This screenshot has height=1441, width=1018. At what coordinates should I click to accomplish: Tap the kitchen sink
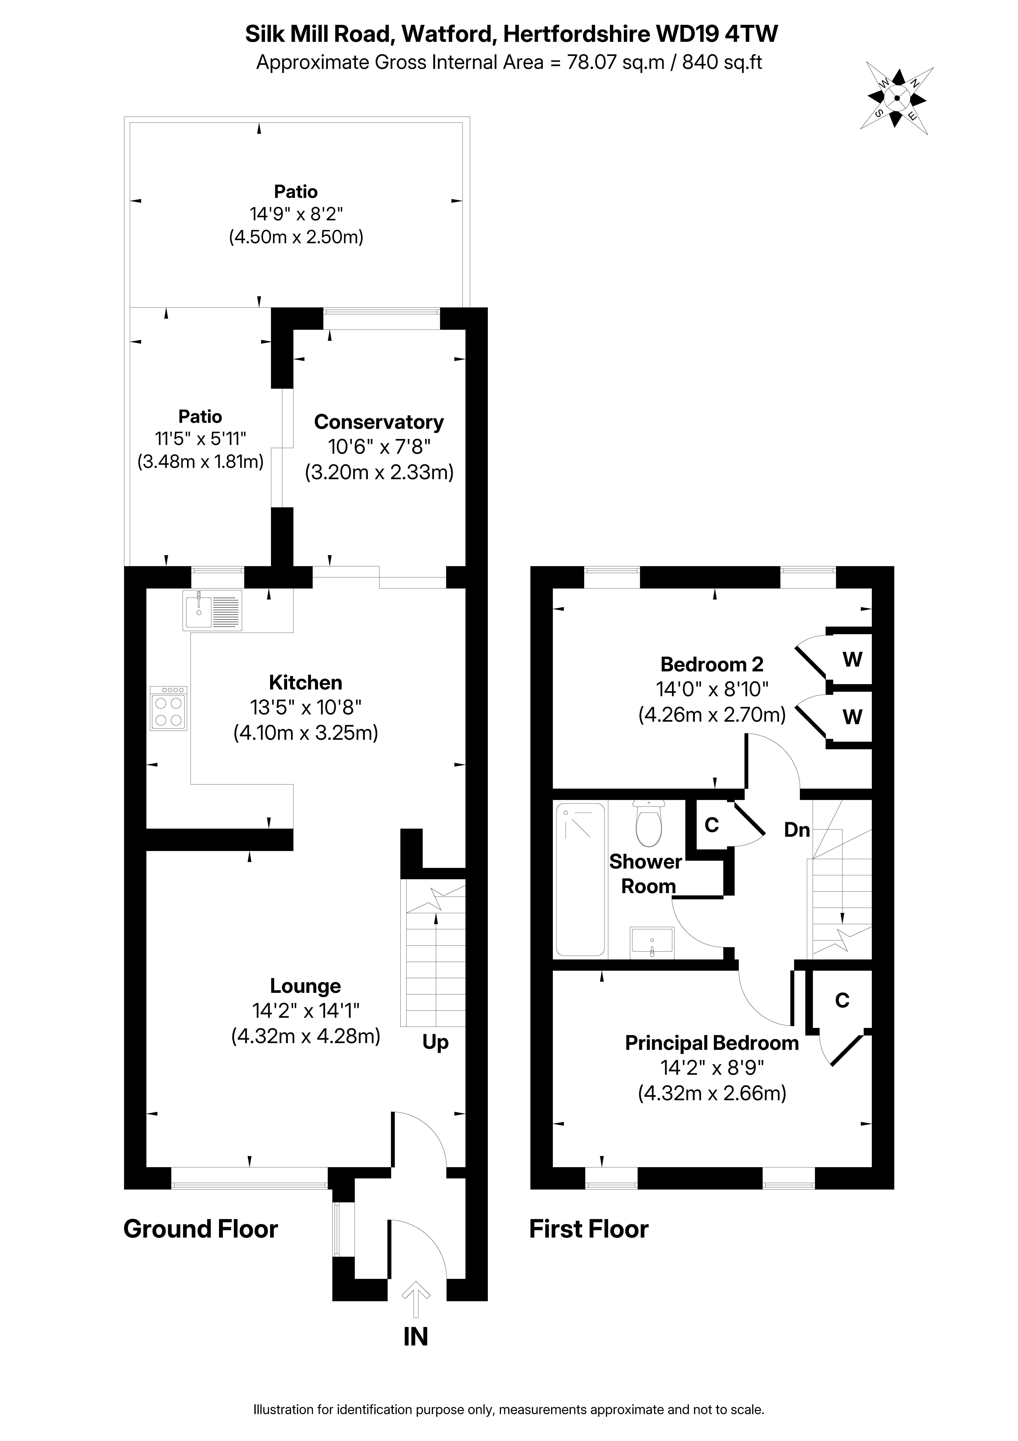tap(212, 610)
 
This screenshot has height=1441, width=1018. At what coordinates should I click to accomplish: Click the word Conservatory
tap(379, 422)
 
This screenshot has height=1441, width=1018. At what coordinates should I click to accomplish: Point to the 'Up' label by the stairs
tap(435, 1042)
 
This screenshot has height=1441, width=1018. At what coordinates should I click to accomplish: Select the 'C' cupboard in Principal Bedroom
tap(842, 1000)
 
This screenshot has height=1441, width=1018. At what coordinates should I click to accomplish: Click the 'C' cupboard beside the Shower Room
tap(711, 825)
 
